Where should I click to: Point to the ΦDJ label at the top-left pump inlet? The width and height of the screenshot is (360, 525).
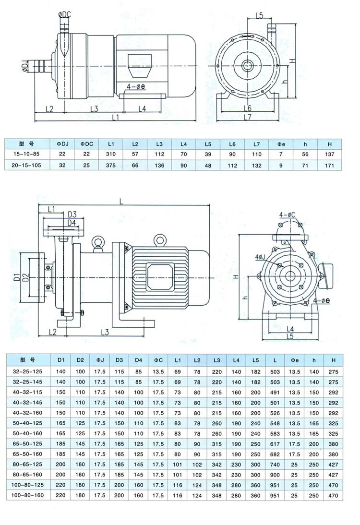coord(25,64)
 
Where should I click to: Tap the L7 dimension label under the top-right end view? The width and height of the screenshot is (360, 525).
coord(248,117)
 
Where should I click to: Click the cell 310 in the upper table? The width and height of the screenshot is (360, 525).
coord(111,154)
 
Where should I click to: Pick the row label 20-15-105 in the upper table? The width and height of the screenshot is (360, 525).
coord(28,165)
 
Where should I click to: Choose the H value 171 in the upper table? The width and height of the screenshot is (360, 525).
coord(329,165)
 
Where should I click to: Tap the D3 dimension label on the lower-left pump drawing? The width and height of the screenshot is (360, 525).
coord(72,214)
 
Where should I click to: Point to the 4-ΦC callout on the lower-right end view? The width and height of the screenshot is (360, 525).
coord(288,215)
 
